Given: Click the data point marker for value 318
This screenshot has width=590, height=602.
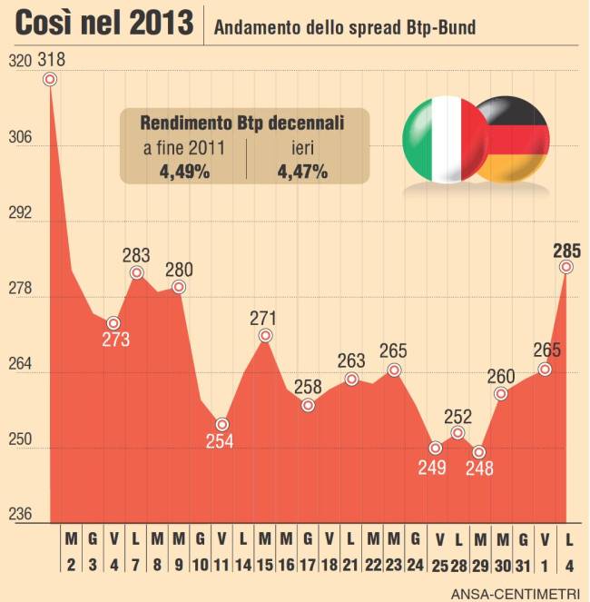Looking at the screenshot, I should point(50,79).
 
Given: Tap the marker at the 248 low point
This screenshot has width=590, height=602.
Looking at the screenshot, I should point(479,452).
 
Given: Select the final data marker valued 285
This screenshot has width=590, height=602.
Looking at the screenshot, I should point(566,267).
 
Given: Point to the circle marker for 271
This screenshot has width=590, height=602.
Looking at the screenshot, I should point(265,336).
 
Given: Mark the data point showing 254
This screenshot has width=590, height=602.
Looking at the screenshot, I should point(221,424).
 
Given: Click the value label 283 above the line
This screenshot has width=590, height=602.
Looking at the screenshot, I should point(136,255).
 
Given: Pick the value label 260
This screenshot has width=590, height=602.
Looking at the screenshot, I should point(501,376).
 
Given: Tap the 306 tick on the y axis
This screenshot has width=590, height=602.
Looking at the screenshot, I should point(19,138).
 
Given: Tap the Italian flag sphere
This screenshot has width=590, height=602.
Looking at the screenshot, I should point(438,138).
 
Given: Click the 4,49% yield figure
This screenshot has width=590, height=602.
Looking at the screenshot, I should point(185,170).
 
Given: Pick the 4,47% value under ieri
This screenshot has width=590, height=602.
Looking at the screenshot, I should point(303,170).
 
